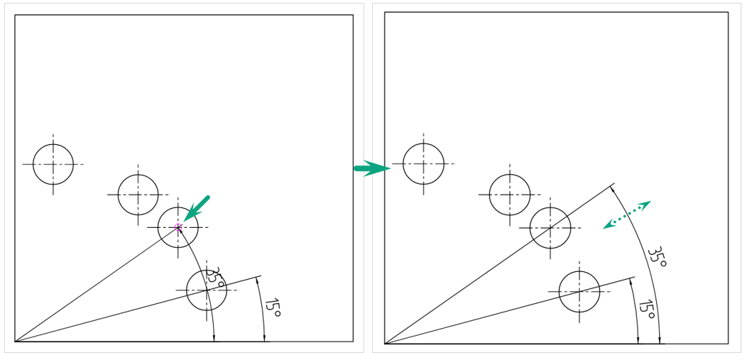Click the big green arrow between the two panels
[x=372, y=168]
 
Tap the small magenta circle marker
[x=178, y=227]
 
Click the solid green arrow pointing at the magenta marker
[x=196, y=208]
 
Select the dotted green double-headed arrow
[x=627, y=214]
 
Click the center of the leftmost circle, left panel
[x=53, y=164]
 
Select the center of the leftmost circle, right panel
[x=423, y=164]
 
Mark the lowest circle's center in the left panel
[x=207, y=290]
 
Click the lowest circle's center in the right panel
[x=579, y=291]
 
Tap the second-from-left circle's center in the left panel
[x=138, y=195]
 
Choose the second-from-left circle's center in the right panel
[x=510, y=195]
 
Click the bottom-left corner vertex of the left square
[x=15, y=342]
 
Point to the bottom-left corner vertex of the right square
[x=384, y=344]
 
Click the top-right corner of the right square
[x=729, y=12]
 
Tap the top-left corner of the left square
[x=15, y=15]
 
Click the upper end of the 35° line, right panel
[x=615, y=183]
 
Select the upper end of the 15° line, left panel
[x=261, y=276]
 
